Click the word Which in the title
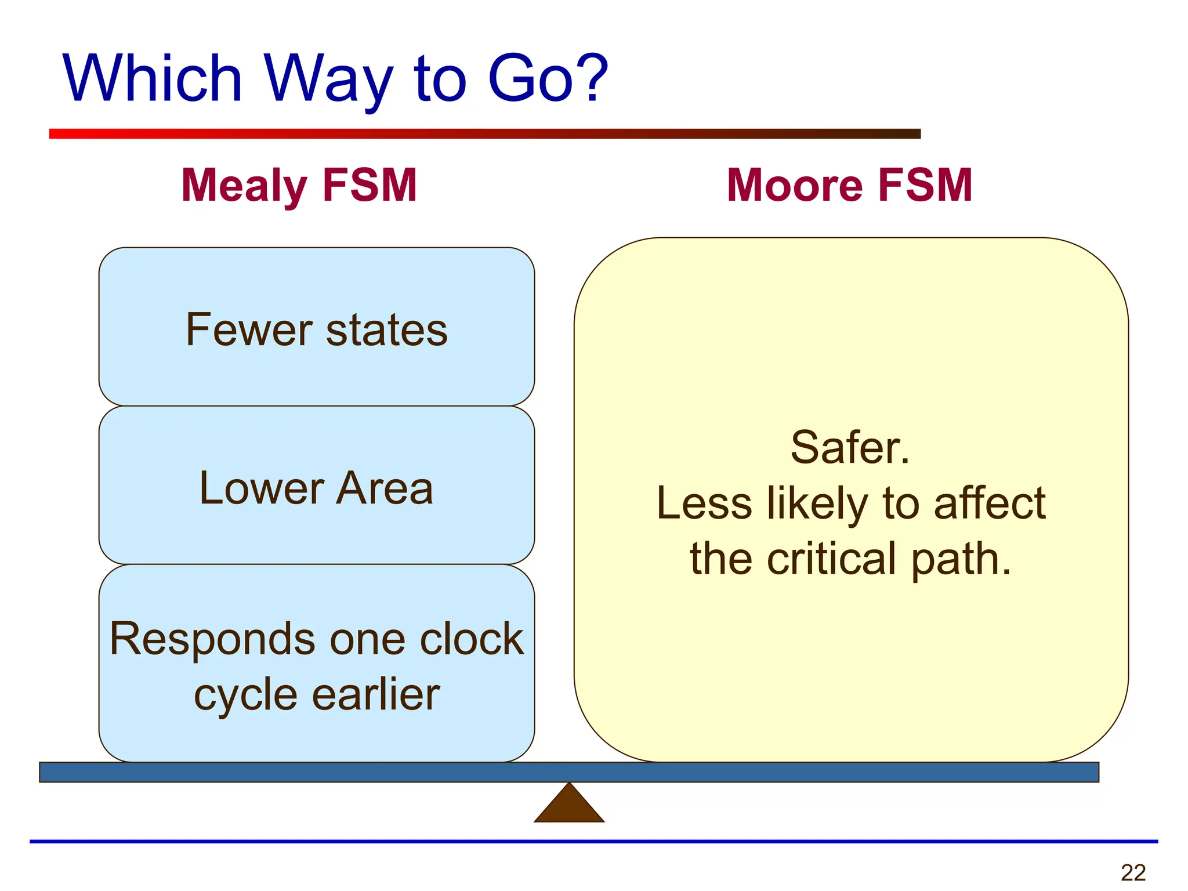tap(152, 78)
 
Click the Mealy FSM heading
tap(299, 185)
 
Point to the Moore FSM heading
tap(849, 185)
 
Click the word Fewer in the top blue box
tap(249, 329)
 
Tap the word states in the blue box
tap(387, 329)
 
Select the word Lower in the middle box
tap(260, 488)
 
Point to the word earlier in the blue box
tap(376, 694)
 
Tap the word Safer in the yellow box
tap(849, 447)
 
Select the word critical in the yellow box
tap(832, 559)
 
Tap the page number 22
tap(1133, 872)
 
